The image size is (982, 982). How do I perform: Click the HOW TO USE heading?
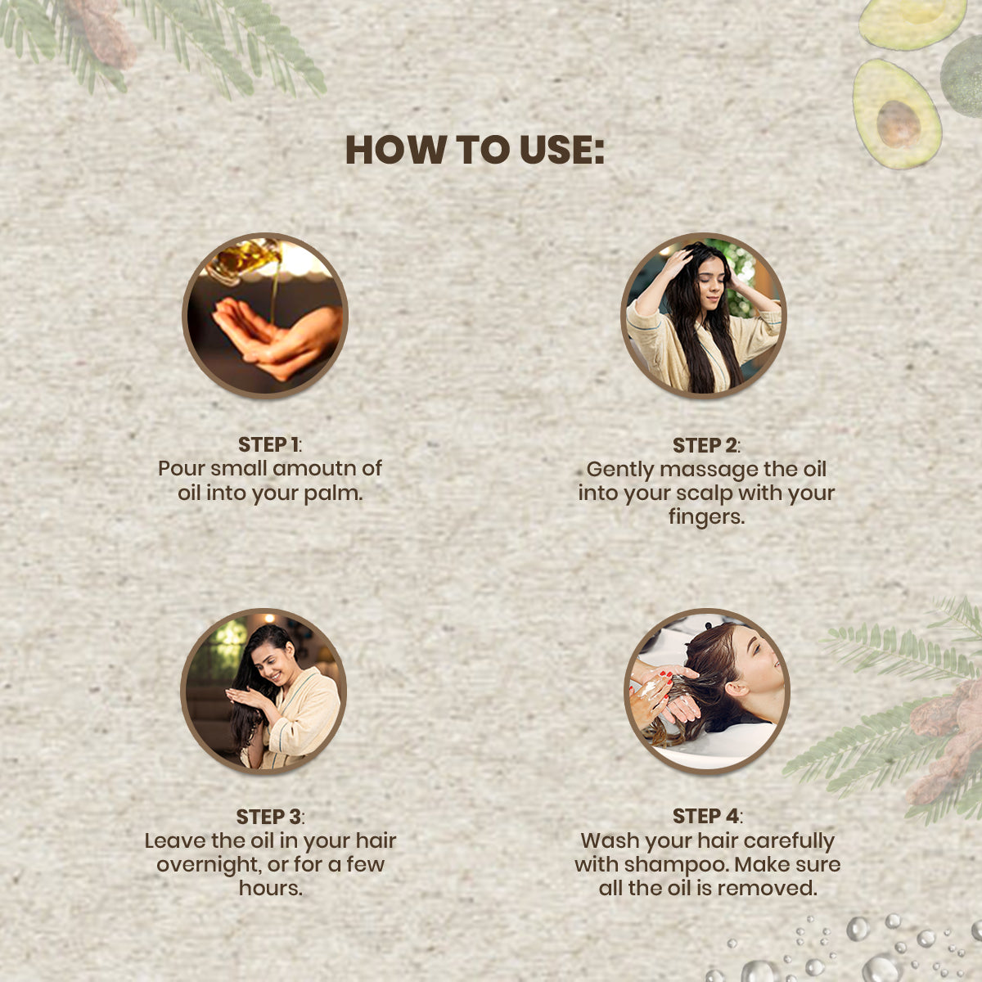[x=475, y=150]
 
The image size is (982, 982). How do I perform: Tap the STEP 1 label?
[x=268, y=445]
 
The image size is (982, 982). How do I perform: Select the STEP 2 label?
[x=705, y=446]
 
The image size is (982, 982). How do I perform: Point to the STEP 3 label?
[x=268, y=817]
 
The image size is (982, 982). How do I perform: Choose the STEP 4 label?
[x=706, y=817]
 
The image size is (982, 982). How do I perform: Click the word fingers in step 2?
[x=705, y=517]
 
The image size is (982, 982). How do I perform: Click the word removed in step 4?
[x=773, y=888]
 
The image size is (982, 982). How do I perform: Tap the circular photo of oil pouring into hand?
[x=265, y=316]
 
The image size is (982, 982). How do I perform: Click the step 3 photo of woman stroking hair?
[x=264, y=691]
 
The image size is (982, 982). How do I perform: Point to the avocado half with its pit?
[x=896, y=115]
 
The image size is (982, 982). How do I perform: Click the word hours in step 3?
[x=270, y=888]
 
